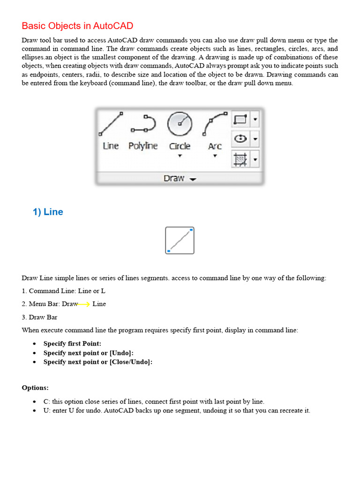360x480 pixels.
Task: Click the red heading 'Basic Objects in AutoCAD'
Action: [77, 26]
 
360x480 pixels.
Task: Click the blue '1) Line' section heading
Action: [48, 212]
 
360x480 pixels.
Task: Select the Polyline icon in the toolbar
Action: [143, 124]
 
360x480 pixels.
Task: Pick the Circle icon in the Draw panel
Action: [180, 124]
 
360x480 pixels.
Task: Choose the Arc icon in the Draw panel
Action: [215, 124]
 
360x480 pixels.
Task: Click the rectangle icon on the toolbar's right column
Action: [240, 120]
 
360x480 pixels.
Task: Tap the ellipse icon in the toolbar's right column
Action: [240, 139]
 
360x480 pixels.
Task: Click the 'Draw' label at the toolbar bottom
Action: [174, 179]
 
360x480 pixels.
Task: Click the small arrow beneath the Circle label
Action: [180, 156]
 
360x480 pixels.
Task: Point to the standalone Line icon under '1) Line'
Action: [180, 240]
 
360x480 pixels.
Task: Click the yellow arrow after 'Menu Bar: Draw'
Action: [84, 304]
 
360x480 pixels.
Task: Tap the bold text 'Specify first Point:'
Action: [72, 344]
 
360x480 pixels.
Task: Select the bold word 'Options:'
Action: [35, 388]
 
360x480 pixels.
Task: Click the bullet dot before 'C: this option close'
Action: [35, 402]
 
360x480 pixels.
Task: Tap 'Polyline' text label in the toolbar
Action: [143, 146]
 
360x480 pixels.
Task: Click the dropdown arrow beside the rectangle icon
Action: [255, 120]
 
